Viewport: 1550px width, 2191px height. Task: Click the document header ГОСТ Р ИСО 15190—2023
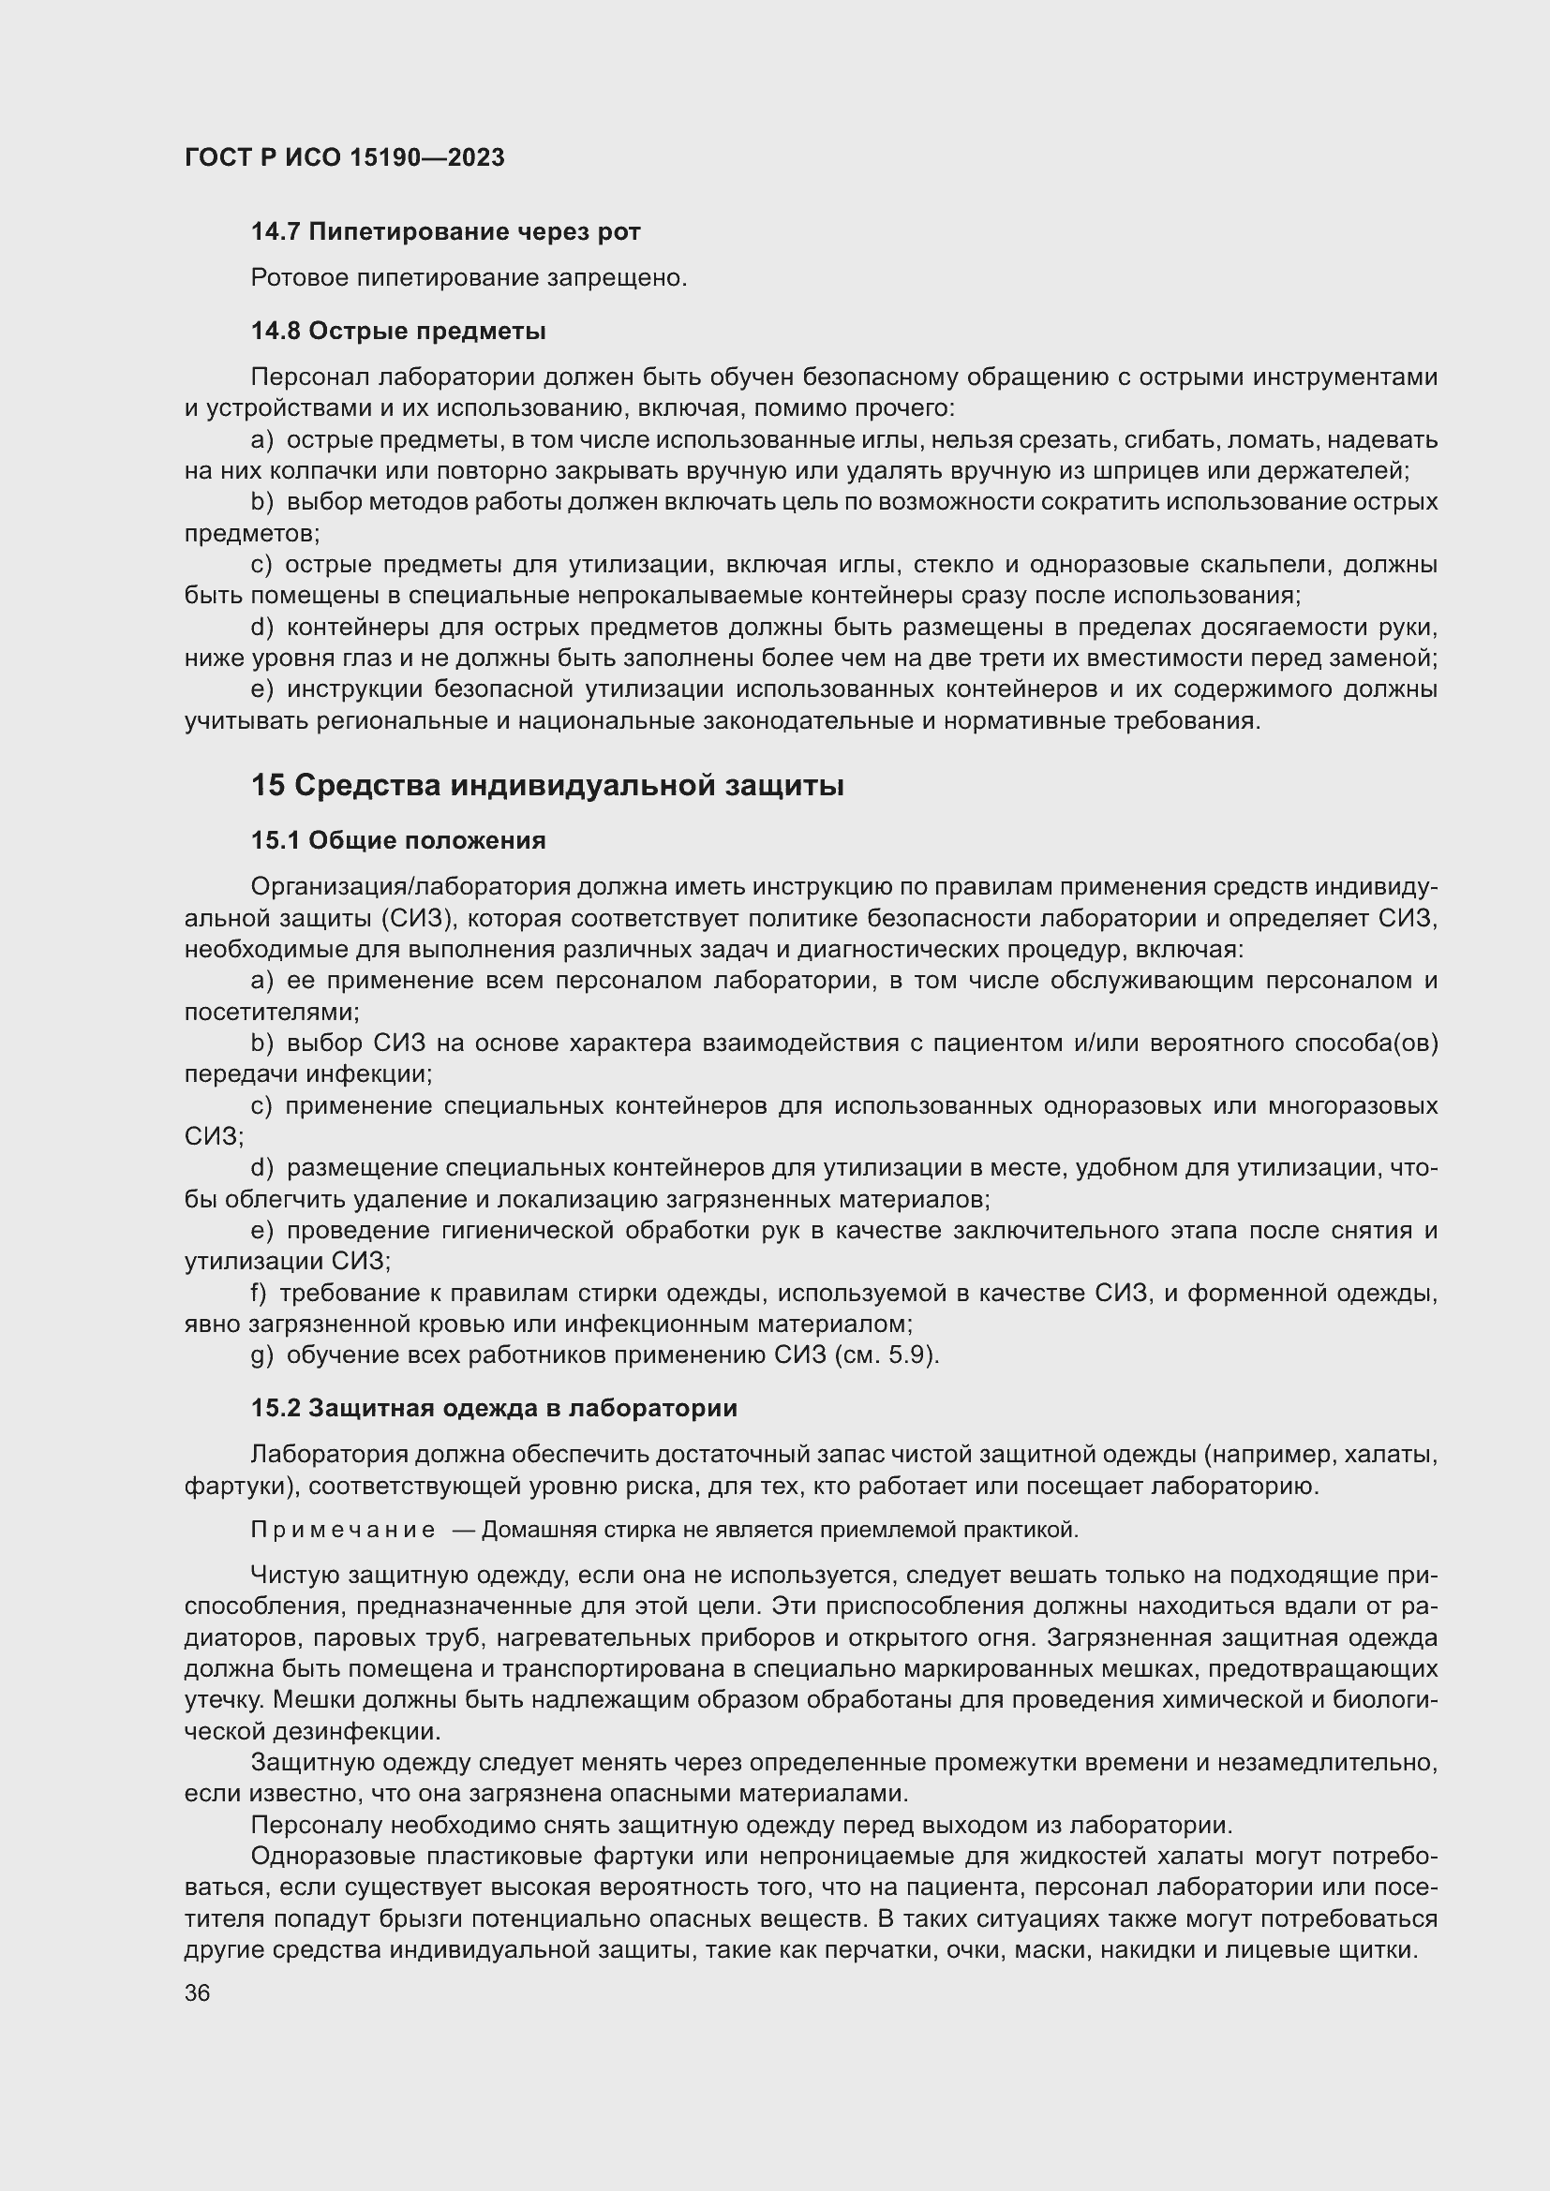tap(345, 157)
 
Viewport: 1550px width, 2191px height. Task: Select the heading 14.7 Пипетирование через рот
tap(445, 231)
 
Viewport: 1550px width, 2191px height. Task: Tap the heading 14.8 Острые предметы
tap(398, 331)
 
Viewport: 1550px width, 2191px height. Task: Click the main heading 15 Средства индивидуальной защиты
tap(547, 785)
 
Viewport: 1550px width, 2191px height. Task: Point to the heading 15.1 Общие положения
tap(398, 839)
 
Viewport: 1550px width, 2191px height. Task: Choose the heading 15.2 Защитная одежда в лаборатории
tap(494, 1408)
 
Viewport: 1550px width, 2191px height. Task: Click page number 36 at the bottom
tap(198, 1992)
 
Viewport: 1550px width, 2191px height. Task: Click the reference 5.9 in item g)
tap(909, 1355)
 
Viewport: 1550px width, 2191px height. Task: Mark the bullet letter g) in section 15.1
tap(261, 1355)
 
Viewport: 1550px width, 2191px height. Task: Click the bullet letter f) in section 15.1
tap(259, 1293)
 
